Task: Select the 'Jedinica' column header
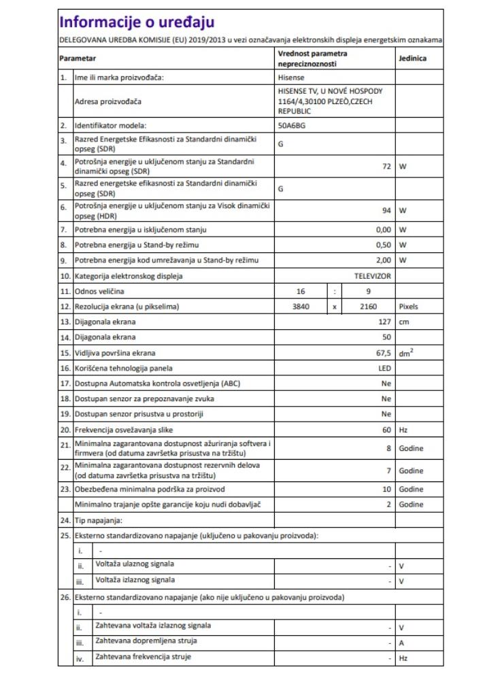click(413, 58)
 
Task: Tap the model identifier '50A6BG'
click(293, 126)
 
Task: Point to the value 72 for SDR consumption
click(385, 166)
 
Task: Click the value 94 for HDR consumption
click(385, 210)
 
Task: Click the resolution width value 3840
click(300, 307)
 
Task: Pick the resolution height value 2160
click(368, 307)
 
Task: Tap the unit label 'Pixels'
click(409, 307)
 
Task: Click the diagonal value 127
click(383, 322)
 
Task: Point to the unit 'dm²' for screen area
click(407, 352)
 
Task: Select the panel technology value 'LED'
click(385, 368)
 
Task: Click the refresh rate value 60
click(386, 429)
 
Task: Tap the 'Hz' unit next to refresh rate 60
click(403, 429)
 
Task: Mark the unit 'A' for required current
click(401, 642)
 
